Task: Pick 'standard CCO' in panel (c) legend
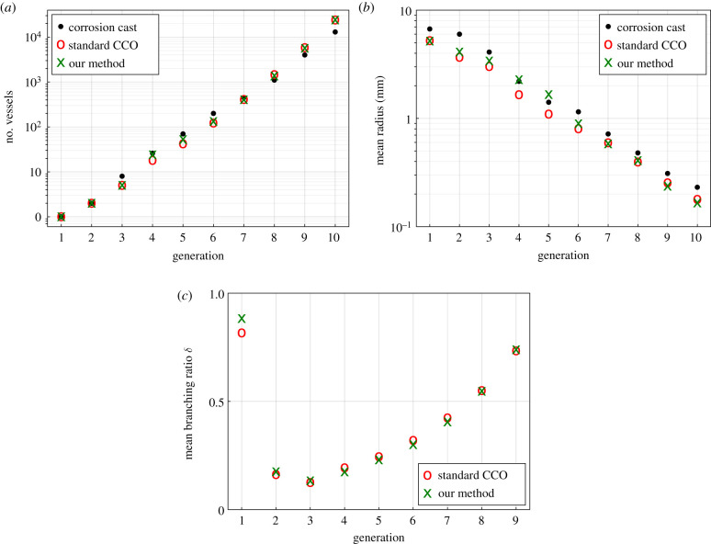coord(477,474)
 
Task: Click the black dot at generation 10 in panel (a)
coord(335,32)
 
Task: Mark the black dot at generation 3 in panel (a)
coord(122,176)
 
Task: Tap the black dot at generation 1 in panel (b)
coord(429,29)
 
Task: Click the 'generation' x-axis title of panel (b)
coord(562,255)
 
